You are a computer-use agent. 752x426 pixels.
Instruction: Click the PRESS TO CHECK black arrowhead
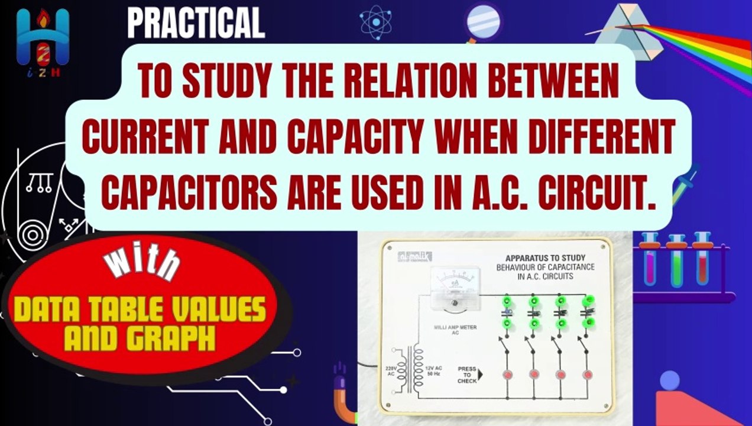tap(480, 375)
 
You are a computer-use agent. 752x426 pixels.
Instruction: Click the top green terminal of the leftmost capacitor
tap(507, 302)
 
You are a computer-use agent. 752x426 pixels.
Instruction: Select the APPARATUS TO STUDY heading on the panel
tap(544, 258)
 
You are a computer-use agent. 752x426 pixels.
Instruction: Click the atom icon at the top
tap(376, 21)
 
